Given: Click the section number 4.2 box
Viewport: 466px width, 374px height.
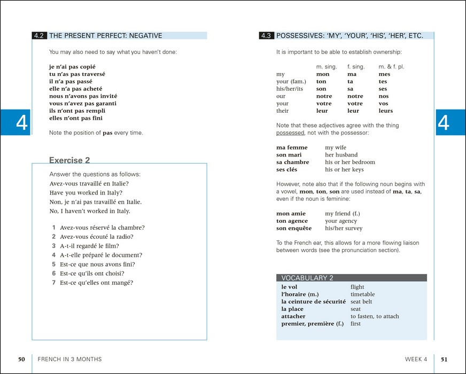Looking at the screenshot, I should click(x=38, y=36).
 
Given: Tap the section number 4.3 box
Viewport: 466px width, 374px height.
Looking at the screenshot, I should click(x=266, y=36).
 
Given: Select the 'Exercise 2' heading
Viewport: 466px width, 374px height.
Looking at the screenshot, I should click(x=69, y=160).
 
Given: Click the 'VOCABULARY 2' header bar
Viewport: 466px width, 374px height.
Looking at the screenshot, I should click(x=351, y=278).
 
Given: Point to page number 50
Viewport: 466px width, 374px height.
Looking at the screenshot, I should click(x=22, y=359).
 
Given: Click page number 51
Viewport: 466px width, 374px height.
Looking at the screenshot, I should click(x=444, y=359).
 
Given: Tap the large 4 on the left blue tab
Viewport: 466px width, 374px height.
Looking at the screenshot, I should click(x=21, y=122).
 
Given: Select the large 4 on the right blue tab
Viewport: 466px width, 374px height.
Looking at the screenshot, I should click(x=444, y=122).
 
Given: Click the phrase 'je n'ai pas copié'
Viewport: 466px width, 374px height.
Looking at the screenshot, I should click(x=72, y=67).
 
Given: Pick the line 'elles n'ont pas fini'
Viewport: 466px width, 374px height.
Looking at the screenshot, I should click(x=76, y=118).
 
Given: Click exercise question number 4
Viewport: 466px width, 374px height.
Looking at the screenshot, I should click(x=54, y=255).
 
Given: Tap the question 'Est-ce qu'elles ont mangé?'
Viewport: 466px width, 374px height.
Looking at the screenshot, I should click(x=96, y=283).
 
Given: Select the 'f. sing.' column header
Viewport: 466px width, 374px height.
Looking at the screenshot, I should click(x=356, y=67).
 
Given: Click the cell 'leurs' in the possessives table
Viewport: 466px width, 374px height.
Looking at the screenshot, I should click(x=385, y=111).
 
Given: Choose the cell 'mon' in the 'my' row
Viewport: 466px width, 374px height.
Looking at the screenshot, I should click(x=323, y=74).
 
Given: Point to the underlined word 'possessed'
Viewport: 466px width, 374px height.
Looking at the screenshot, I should click(x=290, y=133).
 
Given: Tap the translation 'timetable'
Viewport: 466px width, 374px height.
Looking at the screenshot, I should click(x=362, y=294).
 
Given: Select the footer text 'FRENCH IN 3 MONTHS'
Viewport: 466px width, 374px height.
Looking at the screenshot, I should click(x=69, y=359).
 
